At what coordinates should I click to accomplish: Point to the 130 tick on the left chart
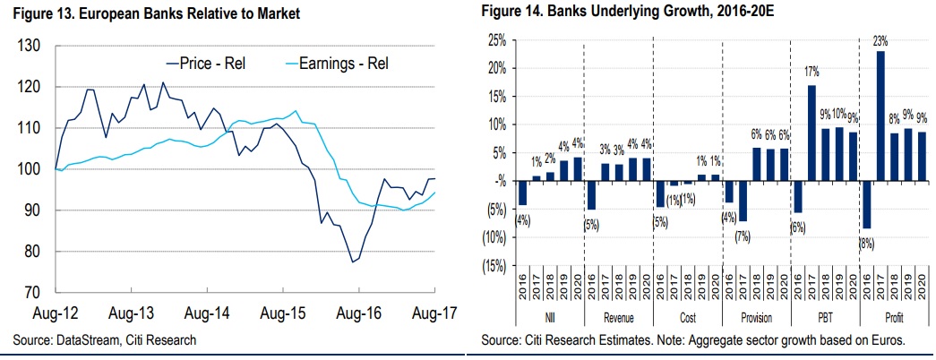click(32, 46)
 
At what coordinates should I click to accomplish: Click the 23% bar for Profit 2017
click(880, 116)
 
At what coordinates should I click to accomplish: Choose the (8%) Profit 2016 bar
click(866, 204)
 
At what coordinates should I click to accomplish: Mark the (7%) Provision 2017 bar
click(743, 201)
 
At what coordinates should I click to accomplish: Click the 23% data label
click(880, 41)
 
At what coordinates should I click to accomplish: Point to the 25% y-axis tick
click(495, 40)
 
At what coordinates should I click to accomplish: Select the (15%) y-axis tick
click(493, 267)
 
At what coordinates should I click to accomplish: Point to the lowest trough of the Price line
click(353, 262)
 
